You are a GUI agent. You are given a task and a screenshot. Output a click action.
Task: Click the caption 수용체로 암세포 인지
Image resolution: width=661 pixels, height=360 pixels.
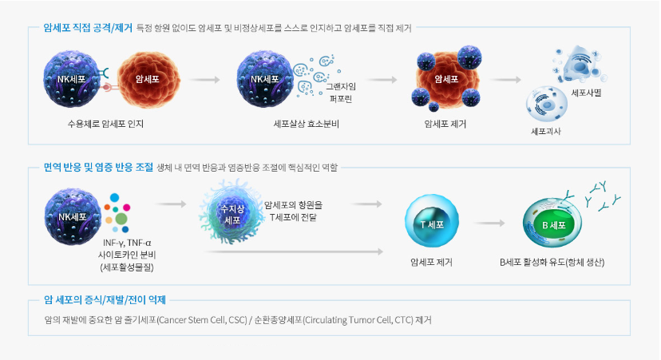pyautogui.click(x=105, y=125)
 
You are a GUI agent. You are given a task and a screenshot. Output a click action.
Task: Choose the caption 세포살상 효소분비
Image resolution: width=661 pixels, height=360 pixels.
pyautogui.click(x=306, y=125)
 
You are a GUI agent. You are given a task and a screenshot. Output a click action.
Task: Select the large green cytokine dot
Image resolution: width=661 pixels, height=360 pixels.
pyautogui.click(x=121, y=218)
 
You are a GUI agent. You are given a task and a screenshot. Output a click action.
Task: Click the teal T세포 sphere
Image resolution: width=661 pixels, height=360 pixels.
pyautogui.click(x=431, y=223)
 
